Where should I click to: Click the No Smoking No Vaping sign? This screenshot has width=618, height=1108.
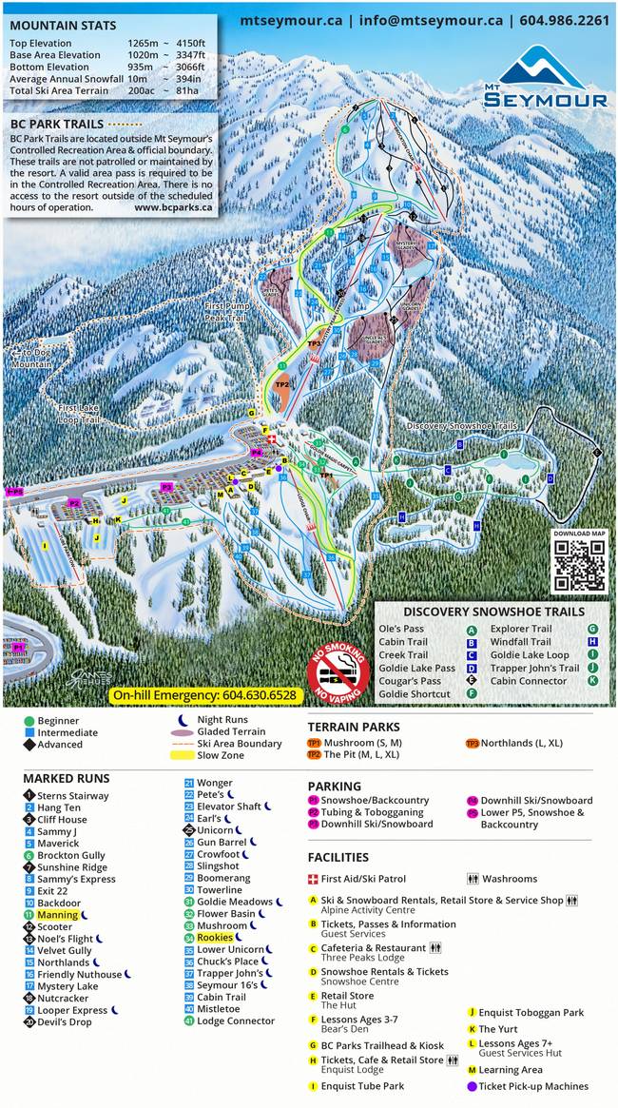click(337, 676)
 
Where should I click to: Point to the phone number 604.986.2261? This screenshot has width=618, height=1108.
click(565, 20)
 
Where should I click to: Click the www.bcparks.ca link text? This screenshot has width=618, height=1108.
click(174, 206)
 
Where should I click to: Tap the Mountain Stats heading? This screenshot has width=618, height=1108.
click(63, 26)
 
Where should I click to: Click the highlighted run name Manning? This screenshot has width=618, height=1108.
click(57, 915)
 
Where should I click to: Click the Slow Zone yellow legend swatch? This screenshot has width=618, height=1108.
click(181, 756)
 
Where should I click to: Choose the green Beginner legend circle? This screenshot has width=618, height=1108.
click(29, 722)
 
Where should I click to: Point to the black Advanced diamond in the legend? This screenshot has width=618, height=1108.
click(29, 745)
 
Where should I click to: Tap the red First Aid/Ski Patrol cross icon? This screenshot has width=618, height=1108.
click(313, 880)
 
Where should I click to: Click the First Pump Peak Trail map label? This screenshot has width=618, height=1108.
click(226, 313)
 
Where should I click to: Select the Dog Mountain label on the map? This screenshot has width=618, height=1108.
click(33, 359)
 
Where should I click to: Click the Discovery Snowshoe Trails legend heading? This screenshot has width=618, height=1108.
click(491, 612)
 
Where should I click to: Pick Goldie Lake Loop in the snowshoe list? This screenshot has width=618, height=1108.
click(531, 655)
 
